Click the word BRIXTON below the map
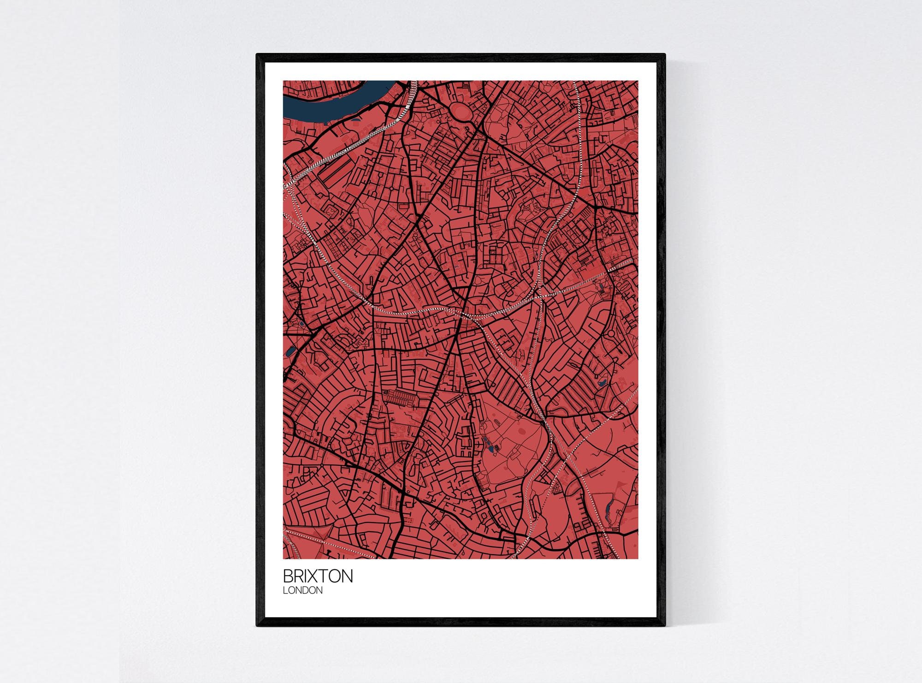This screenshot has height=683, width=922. tap(318, 576)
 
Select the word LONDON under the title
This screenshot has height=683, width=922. tap(302, 590)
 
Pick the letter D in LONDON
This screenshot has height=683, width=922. tap(306, 590)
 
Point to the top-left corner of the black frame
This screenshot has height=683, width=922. tap(257, 54)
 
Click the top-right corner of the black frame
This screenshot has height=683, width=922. tap(665, 54)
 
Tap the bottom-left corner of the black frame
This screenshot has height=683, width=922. tap(257, 626)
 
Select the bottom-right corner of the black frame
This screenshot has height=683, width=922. tap(665, 626)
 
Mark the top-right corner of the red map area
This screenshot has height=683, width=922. tap(638, 81)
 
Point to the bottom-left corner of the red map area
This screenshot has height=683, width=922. tap(284, 558)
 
